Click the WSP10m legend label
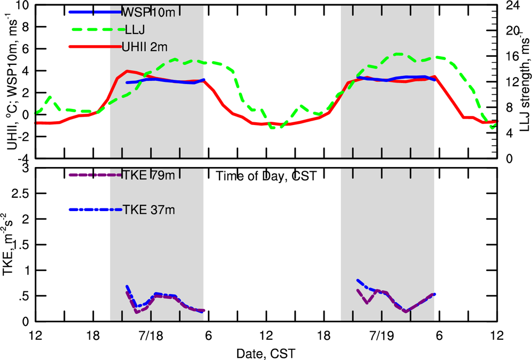(x=149, y=12)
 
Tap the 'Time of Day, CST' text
(x=266, y=176)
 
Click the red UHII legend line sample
(x=96, y=46)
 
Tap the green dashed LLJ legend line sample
(x=96, y=29)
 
